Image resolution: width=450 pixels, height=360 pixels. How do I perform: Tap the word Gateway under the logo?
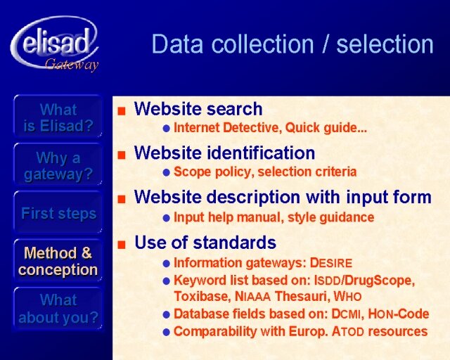(x=72, y=65)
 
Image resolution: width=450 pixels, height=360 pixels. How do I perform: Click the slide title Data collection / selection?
(x=292, y=44)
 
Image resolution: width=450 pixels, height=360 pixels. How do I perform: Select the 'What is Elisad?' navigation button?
(x=58, y=117)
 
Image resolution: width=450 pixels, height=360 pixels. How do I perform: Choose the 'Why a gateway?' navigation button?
(x=58, y=165)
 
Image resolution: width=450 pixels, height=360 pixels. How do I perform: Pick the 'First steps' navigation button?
(x=58, y=213)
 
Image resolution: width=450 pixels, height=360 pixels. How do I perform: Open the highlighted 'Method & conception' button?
(x=58, y=261)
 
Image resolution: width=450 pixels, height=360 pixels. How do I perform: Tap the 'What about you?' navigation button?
(x=58, y=309)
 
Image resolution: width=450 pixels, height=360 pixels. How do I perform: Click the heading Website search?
(x=198, y=109)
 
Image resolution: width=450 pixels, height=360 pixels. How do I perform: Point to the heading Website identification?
(x=224, y=153)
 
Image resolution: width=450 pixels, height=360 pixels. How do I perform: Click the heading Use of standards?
(x=205, y=243)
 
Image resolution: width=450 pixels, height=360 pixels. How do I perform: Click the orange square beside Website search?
(x=122, y=111)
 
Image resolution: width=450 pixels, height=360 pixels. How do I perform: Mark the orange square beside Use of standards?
(x=122, y=244)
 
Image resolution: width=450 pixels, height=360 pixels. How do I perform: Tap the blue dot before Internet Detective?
(x=167, y=129)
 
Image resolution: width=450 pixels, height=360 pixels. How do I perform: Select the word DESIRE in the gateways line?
(x=331, y=263)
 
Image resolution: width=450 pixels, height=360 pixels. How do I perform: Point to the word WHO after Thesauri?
(x=347, y=296)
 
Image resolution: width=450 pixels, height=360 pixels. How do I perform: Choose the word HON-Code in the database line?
(x=399, y=314)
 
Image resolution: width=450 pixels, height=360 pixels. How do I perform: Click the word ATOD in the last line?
(x=348, y=332)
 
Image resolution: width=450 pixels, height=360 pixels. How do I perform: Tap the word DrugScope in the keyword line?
(x=380, y=281)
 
